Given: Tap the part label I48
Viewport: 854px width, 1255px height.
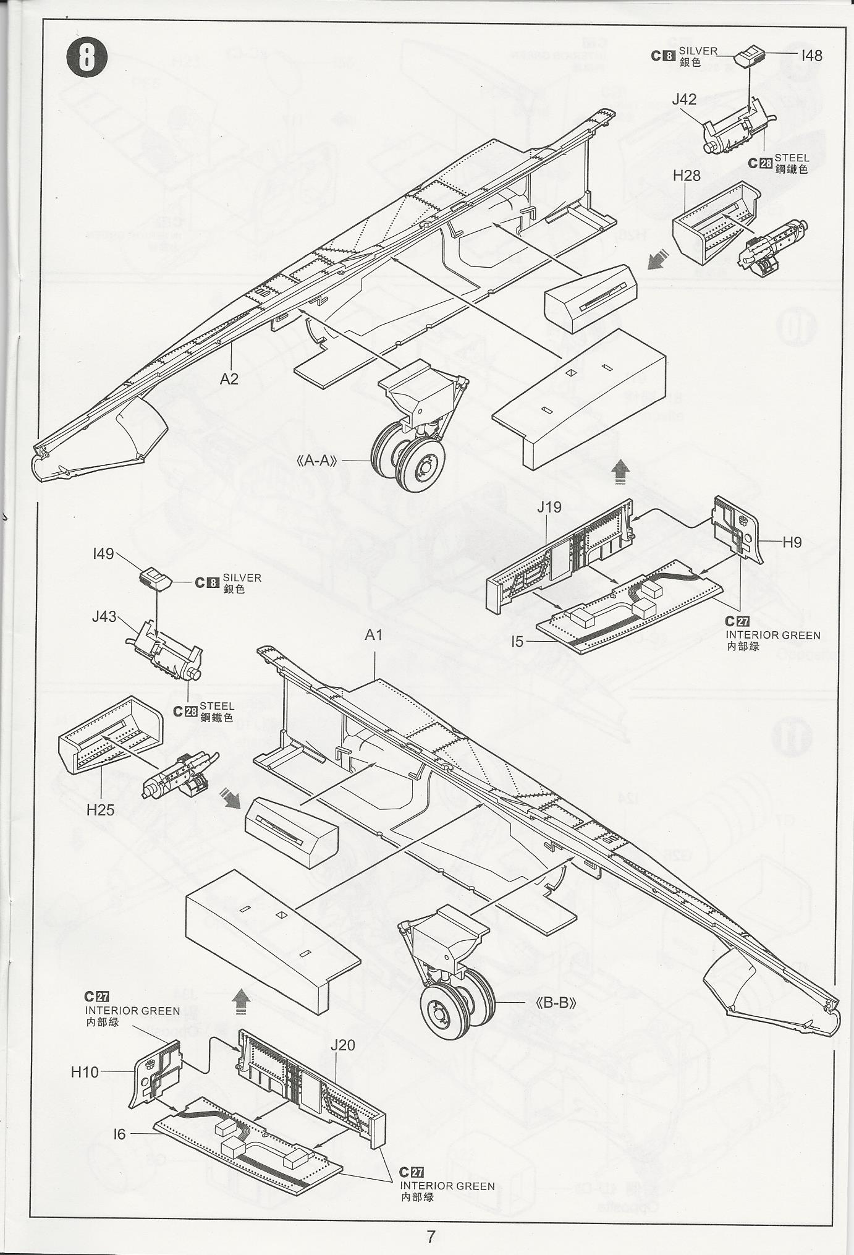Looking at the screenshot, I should point(811,56).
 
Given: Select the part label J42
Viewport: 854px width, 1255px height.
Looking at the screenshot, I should point(684,100).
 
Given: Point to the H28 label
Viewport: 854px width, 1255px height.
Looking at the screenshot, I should point(687,176).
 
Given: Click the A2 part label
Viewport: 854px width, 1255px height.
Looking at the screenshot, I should point(229,379).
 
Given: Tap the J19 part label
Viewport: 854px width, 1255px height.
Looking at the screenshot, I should point(549,508).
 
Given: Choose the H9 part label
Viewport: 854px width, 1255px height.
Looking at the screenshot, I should point(792,542).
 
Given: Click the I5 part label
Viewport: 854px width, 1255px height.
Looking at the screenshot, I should point(517,642).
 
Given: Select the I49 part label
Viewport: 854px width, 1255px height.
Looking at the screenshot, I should point(103,553).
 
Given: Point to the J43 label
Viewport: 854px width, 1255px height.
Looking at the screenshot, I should point(104,616).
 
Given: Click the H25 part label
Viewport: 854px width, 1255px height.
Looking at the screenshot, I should point(100,809).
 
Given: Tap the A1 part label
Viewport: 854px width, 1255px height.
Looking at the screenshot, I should point(374,635).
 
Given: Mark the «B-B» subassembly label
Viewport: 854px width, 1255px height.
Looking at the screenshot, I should point(556,1003).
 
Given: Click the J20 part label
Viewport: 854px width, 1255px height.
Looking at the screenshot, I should point(343,1045).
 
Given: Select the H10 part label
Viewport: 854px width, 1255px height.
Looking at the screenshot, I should point(85,1072).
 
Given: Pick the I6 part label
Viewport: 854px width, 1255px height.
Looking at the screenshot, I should point(119,1134).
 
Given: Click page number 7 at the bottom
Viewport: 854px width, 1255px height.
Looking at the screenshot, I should point(431,1236).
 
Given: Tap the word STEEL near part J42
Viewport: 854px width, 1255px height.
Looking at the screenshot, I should point(792,158).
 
